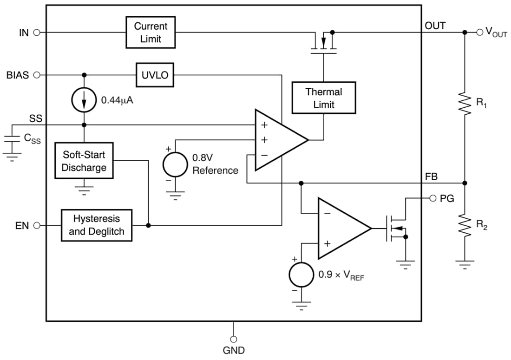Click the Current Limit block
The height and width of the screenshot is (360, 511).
point(151,33)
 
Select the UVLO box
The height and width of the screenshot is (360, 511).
point(155,75)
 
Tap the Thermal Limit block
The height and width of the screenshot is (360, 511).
point(323,98)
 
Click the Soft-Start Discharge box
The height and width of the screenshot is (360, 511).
point(84,161)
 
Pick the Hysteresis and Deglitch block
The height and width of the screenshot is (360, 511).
point(97,225)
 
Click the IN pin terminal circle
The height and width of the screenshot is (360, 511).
point(37,33)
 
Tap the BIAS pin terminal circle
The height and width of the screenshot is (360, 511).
point(37,75)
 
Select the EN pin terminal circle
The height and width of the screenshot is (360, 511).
point(37,225)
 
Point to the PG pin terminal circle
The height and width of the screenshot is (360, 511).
point(432,198)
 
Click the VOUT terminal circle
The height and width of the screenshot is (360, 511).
point(480,32)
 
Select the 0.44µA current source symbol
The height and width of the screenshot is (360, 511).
point(84,100)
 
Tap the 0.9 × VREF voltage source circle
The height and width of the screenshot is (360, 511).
point(301,275)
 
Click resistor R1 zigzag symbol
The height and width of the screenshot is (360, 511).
point(465,103)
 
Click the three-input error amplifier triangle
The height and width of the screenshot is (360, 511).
point(277,140)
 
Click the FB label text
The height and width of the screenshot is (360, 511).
point(431,177)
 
